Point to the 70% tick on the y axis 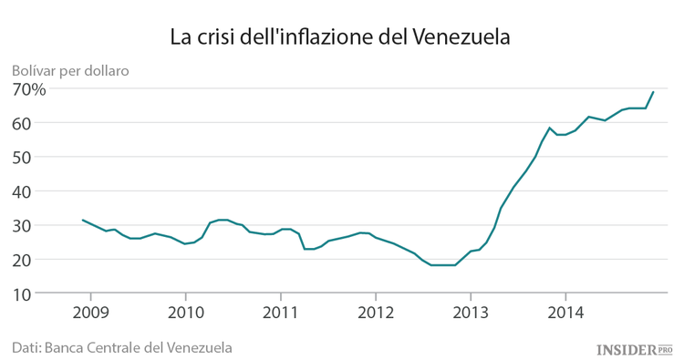coord(29,88)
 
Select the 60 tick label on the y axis coord(23,123)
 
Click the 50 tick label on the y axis coord(23,157)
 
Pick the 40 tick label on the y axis coord(23,191)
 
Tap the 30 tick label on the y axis coord(23,225)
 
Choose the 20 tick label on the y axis coord(23,260)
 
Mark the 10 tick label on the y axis coord(23,293)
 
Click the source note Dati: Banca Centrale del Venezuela coord(121,347)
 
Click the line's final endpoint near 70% coord(653,91)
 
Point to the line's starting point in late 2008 coord(83,220)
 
